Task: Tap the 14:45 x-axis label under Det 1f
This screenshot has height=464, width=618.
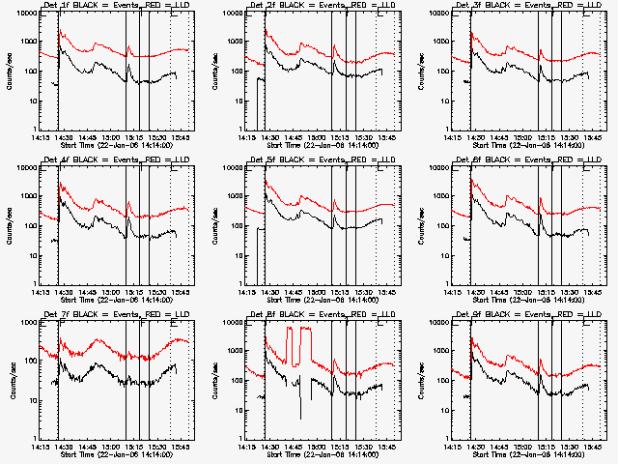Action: [88, 134]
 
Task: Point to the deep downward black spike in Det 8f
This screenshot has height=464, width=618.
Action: [300, 406]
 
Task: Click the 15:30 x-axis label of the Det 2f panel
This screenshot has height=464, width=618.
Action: [365, 134]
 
